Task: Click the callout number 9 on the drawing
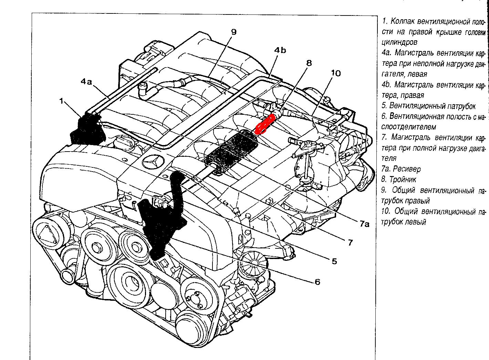point(233,32)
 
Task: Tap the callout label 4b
point(280,50)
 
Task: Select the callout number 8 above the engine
point(309,63)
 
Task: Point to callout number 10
point(335,73)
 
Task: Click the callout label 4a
point(86,82)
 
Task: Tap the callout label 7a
point(364,224)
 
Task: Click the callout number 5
point(334,261)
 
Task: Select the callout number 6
point(317,282)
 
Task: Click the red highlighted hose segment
point(266,124)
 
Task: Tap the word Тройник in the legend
point(403,179)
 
